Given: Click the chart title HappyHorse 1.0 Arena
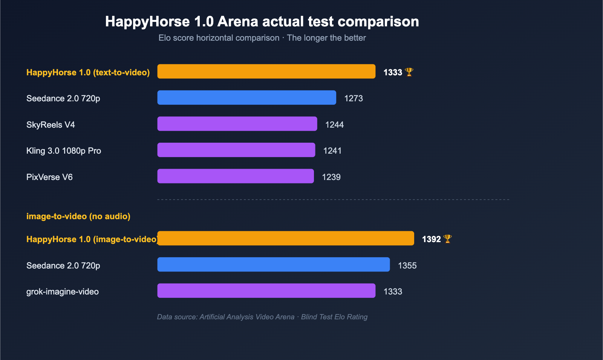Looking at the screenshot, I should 262,21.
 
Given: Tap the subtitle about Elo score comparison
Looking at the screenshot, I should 262,38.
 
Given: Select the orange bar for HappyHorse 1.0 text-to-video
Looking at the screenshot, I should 266,72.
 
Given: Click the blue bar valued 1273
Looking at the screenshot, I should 246,98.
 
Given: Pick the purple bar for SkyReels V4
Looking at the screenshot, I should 237,124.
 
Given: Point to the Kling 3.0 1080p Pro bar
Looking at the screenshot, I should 236,150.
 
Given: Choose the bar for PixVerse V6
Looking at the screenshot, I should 235,176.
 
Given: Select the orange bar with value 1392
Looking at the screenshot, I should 285,238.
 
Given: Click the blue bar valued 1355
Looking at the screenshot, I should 273,264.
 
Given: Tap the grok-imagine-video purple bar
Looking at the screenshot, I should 266,291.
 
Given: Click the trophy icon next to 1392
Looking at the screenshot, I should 447,239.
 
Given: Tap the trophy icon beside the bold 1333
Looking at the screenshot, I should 409,72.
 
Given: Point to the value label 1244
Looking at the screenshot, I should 334,125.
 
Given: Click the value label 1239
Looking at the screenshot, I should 331,177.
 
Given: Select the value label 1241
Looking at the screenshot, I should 332,151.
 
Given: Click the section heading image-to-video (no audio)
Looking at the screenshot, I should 78,217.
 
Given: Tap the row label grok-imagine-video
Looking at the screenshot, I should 63,292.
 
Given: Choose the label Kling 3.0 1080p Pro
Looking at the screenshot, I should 64,151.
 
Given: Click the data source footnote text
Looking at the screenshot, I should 262,317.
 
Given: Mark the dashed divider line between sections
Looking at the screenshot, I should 333,200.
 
